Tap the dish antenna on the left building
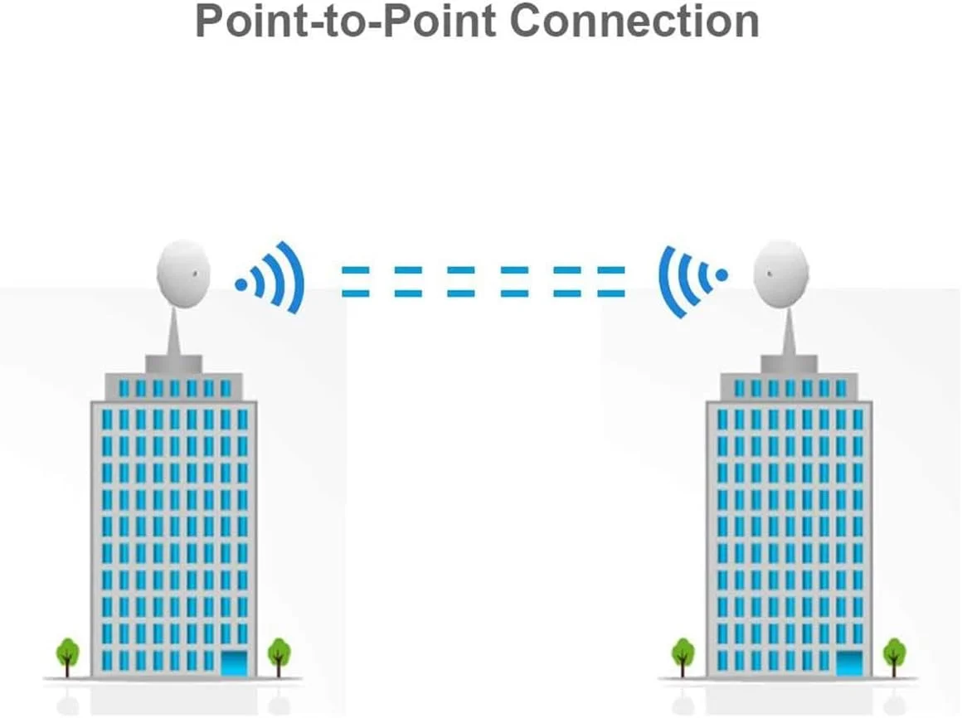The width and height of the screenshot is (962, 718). pos(183,273)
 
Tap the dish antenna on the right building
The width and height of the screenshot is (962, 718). pos(780,273)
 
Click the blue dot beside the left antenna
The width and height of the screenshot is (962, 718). pos(240,284)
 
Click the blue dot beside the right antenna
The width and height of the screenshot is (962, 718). pos(721,274)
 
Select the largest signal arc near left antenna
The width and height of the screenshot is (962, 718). pos(294,278)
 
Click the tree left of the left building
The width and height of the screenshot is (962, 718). pos(67,652)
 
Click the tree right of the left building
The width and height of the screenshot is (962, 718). pos(279,652)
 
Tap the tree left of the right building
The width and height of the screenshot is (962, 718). pos(683,652)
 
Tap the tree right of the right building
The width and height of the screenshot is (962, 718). pos(894,652)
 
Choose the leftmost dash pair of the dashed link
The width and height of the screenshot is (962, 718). pos(356,282)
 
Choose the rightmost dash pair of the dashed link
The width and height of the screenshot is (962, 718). pos(611,282)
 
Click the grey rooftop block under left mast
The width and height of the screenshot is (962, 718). pos(173,363)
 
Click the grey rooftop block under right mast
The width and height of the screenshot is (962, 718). pos(789,363)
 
